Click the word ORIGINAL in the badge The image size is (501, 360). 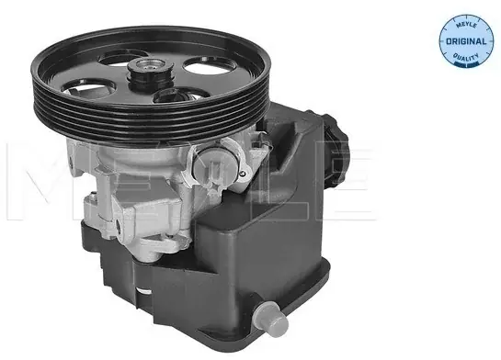(x=466, y=41)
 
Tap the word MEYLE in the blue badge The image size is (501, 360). (x=466, y=25)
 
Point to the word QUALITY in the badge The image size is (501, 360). (x=466, y=57)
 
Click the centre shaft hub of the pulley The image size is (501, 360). (x=150, y=71)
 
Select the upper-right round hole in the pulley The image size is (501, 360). (x=209, y=65)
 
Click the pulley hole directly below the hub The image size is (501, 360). (x=180, y=95)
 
